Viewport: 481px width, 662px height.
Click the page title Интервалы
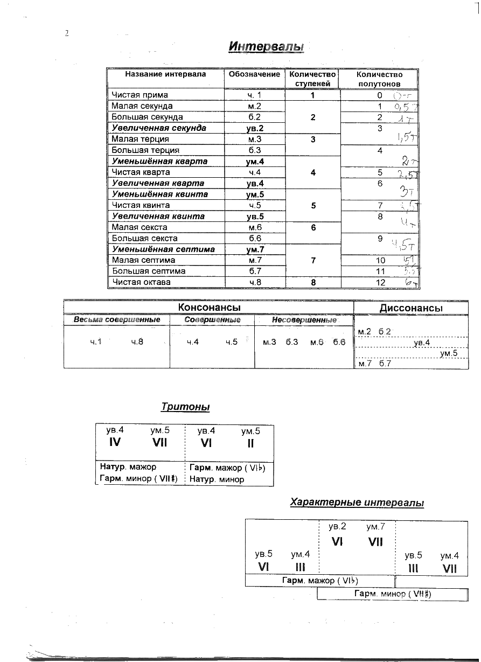point(266,47)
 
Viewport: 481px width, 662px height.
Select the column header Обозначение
point(254,74)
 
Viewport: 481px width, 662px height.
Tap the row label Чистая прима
point(140,95)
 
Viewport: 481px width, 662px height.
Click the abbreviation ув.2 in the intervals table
point(254,128)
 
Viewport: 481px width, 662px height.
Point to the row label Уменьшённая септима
point(163,249)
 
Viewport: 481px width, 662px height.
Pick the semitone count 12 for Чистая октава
point(380,282)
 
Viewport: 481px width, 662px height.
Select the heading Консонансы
point(209,308)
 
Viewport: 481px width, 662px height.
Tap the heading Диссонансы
point(411,308)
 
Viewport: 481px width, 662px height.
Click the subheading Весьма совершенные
point(117,320)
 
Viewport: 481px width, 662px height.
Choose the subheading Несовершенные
point(304,320)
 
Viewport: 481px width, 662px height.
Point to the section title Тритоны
point(185,407)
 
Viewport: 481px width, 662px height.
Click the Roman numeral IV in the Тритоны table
point(115,443)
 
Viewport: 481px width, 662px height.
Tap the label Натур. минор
point(217,479)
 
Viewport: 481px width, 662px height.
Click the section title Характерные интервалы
point(357,503)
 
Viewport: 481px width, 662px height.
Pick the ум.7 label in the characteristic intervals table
point(375,527)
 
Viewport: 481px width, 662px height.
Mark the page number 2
point(67,33)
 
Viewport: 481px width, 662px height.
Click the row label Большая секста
point(144,238)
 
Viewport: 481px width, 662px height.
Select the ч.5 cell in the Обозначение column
point(254,205)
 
